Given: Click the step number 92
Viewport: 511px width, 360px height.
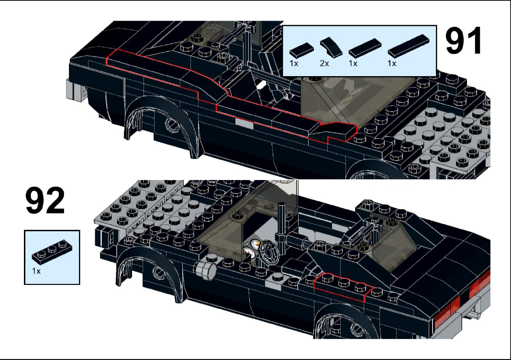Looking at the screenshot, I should [45, 202].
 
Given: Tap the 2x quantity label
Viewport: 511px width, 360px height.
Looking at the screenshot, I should [324, 64].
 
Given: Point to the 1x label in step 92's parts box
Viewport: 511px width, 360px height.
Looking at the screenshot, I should [36, 271].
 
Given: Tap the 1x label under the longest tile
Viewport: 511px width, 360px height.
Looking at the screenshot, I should [392, 64].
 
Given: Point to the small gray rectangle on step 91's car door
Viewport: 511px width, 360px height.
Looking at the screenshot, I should [244, 123].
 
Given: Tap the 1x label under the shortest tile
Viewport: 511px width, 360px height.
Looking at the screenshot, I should [293, 64].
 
